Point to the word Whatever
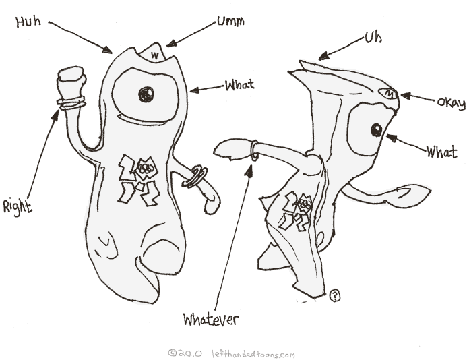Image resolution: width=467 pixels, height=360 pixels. point(211,318)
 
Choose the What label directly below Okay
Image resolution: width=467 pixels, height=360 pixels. point(441,152)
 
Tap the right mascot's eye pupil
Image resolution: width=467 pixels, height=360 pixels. point(375,129)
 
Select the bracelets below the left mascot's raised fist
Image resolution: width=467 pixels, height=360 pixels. point(71,103)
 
